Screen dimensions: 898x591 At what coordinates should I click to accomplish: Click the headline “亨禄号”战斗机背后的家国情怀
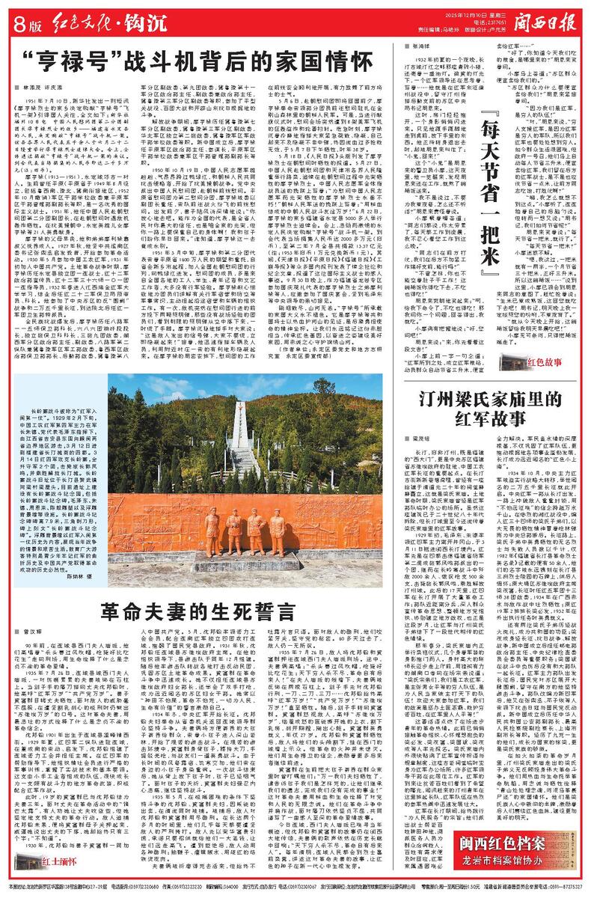(x=180, y=61)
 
